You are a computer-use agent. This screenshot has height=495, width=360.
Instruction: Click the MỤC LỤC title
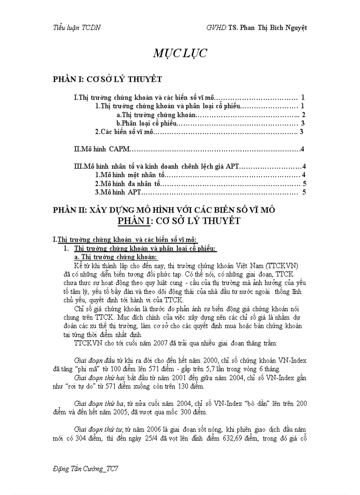coord(180,54)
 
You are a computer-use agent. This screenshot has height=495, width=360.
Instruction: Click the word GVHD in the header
coord(216,27)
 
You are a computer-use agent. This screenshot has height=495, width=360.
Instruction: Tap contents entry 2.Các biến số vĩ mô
coord(125,131)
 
